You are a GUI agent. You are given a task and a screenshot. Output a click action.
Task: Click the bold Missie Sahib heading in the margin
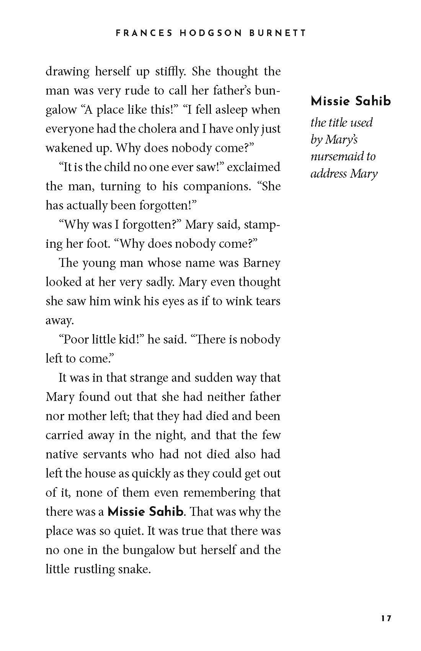[351, 101]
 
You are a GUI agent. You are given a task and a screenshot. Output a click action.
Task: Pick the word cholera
[155, 129]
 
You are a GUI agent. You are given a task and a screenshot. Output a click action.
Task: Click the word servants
[100, 455]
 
